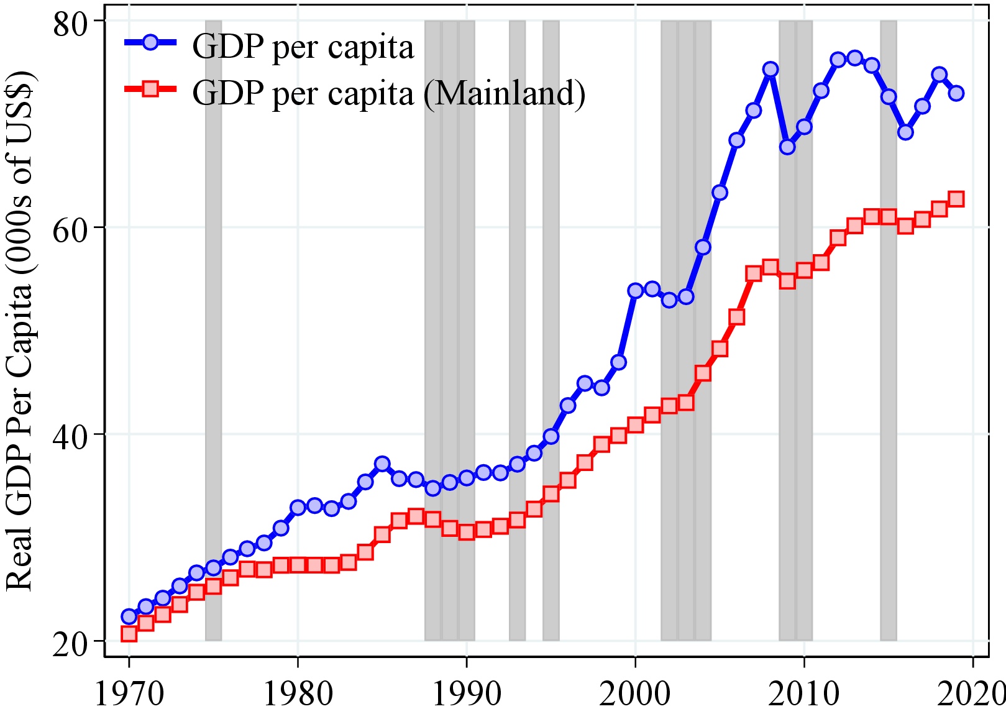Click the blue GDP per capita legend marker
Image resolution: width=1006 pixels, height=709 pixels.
(150, 42)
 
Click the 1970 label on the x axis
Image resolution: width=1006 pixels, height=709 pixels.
(129, 693)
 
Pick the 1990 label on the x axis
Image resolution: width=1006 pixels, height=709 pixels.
(467, 693)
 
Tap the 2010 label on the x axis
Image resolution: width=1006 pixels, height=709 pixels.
(804, 693)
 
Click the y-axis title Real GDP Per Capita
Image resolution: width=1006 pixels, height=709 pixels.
(20, 329)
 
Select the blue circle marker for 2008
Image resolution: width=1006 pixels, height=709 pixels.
(771, 69)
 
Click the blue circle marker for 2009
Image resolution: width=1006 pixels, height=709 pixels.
(787, 147)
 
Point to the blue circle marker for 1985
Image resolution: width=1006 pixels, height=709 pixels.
(382, 464)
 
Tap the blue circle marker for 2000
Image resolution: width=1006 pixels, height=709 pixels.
(635, 290)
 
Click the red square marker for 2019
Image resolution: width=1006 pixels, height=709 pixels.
(956, 199)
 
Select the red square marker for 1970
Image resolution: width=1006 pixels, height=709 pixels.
(129, 634)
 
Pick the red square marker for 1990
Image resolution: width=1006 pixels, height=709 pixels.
(467, 532)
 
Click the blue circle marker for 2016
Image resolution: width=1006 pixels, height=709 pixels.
(905, 132)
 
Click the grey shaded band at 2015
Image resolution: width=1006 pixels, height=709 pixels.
(889, 373)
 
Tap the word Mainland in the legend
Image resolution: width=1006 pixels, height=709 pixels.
(503, 93)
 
